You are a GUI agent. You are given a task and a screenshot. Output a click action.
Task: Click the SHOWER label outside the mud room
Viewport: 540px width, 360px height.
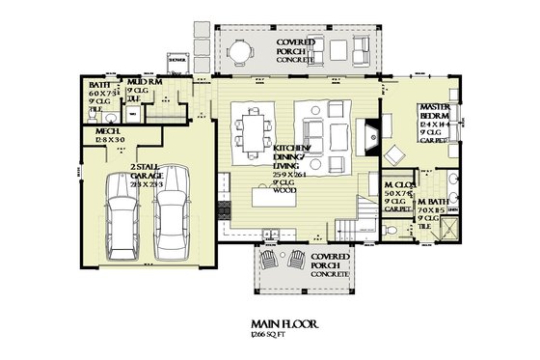[176, 60]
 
